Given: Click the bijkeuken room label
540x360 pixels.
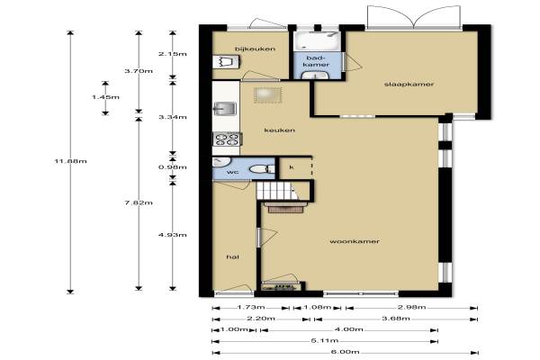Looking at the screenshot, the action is coord(255,49).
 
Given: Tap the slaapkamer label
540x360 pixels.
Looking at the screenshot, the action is coord(409,84).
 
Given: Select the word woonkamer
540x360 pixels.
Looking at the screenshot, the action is coord(355,241).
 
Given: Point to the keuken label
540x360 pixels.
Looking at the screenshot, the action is coord(280,130).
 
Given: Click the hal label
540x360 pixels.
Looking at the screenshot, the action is coord(233,257).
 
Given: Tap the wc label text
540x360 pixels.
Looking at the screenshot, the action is coord(233,172).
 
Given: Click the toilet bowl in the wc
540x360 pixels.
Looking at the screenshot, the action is coord(261,169).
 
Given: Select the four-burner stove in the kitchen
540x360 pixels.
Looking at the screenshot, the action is coord(227,139).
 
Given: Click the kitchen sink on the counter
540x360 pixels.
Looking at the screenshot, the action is coord(225,109).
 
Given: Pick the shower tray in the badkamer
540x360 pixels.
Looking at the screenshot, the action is coord(317,41).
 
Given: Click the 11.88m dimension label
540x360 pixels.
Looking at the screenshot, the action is coord(70,161).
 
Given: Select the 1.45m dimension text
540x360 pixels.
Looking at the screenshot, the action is coord(105,97).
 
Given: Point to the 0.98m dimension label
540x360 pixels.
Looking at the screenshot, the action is coord(173,167).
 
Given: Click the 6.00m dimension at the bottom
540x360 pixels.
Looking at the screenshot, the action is coord(345,352).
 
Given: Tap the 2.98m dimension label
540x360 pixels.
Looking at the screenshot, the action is coord(411,307).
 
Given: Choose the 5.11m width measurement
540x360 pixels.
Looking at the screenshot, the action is coord(325,341).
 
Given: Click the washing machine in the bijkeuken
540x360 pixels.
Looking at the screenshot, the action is coord(226,62).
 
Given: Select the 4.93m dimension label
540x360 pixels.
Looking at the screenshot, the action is coord(173,235).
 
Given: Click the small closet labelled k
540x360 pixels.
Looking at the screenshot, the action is coord(295,168).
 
